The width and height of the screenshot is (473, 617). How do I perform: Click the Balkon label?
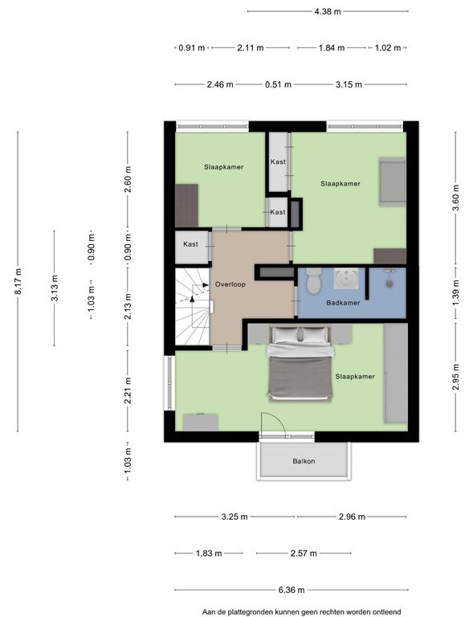pos(304,461)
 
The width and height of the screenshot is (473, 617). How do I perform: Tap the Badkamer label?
pos(343,303)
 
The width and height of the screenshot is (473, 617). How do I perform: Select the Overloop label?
pos(230,284)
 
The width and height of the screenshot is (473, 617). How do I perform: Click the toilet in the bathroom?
pos(314,280)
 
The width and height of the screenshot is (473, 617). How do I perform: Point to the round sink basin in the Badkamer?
pos(346,279)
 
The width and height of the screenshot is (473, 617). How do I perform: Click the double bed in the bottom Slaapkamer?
pos(300,363)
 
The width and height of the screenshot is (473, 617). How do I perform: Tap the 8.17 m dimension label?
pos(18,281)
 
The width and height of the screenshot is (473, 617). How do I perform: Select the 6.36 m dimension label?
pos(292,590)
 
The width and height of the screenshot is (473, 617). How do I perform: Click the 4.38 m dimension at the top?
pos(328,11)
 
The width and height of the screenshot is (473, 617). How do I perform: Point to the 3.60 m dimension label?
pos(455,198)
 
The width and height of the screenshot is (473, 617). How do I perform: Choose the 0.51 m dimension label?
pos(278,84)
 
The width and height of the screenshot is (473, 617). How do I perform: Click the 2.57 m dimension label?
pos(304,554)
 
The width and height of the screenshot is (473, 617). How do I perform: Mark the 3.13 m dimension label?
pos(55,288)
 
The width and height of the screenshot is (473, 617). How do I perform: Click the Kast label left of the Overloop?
pos(190,244)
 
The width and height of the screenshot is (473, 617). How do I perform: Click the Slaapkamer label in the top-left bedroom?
pos(224,167)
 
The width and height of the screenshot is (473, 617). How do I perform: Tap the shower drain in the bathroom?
pos(389,284)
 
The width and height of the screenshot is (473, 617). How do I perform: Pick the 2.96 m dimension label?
pos(352,517)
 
